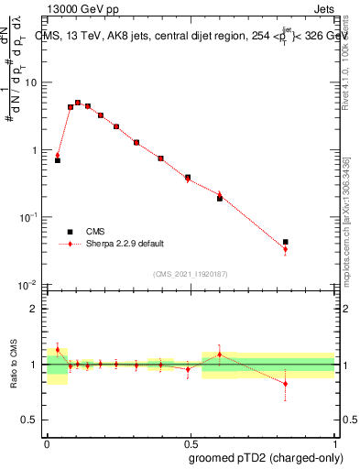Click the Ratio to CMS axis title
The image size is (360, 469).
pos(14,365)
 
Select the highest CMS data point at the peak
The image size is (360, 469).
pos(78,103)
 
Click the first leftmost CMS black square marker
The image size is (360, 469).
pos(58,160)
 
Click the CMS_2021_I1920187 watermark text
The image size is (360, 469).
pos(190,273)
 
